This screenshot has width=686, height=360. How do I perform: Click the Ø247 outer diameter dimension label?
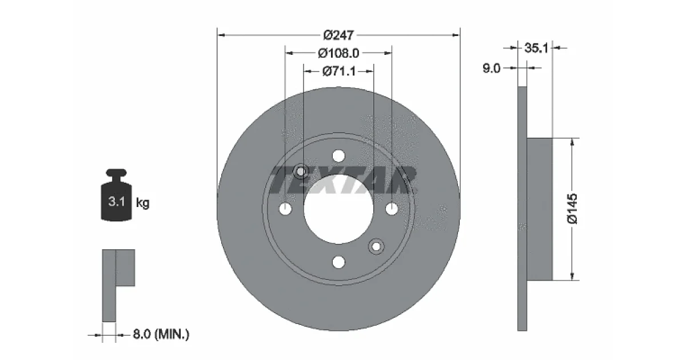[x=338, y=35]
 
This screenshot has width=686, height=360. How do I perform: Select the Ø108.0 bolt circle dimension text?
[x=338, y=53]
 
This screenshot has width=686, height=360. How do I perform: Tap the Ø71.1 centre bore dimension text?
[x=339, y=71]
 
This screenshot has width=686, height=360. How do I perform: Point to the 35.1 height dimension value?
[x=536, y=48]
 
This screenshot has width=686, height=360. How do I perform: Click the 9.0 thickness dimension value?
[x=491, y=68]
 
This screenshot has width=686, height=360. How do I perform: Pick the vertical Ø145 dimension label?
[x=572, y=209]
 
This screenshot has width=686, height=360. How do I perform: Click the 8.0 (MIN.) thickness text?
[x=161, y=334]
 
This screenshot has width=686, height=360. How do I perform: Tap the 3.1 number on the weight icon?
[x=117, y=201]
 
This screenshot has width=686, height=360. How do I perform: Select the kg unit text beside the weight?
[x=143, y=203]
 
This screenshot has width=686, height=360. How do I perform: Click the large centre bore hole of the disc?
[x=338, y=210]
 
